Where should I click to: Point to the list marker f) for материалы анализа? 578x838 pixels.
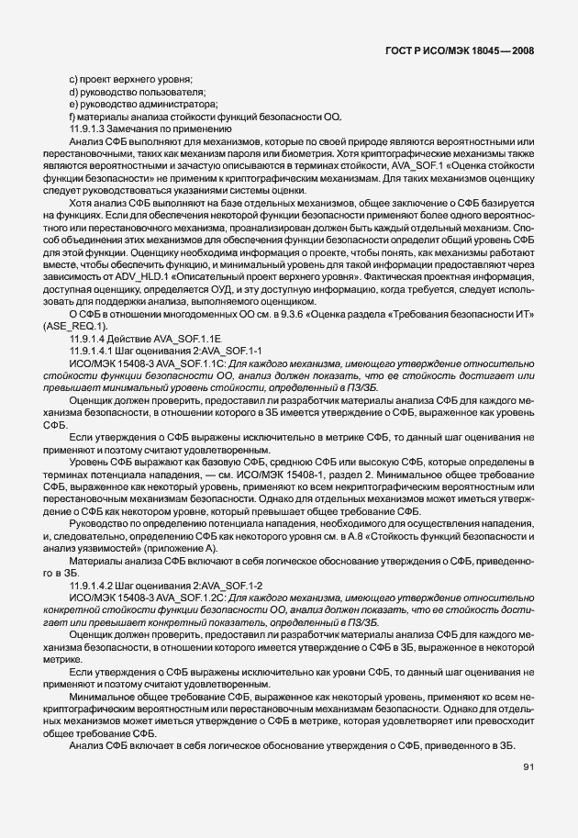click(72, 117)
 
